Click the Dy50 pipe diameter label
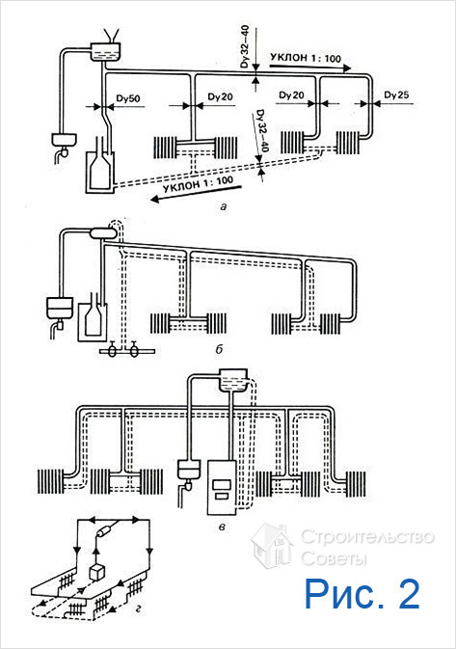pyautogui.click(x=128, y=99)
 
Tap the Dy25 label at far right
pyautogui.click(x=396, y=95)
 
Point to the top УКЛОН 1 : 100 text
pyautogui.click(x=306, y=58)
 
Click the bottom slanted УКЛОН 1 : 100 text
pyautogui.click(x=199, y=184)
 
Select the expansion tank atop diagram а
pyautogui.click(x=106, y=52)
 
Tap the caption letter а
pyautogui.click(x=224, y=206)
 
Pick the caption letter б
pyautogui.click(x=219, y=349)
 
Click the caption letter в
pyautogui.click(x=222, y=527)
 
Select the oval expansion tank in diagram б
pyautogui.click(x=103, y=233)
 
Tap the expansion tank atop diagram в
pyautogui.click(x=233, y=380)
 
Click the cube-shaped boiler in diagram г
pyautogui.click(x=97, y=573)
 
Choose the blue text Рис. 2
pyautogui.click(x=362, y=593)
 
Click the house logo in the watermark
pyautogui.click(x=271, y=546)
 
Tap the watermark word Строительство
pyautogui.click(x=367, y=537)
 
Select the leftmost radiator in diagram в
pyautogui.click(x=50, y=480)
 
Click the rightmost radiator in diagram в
pyautogui.click(x=353, y=483)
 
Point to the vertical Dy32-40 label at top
pyautogui.click(x=245, y=46)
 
